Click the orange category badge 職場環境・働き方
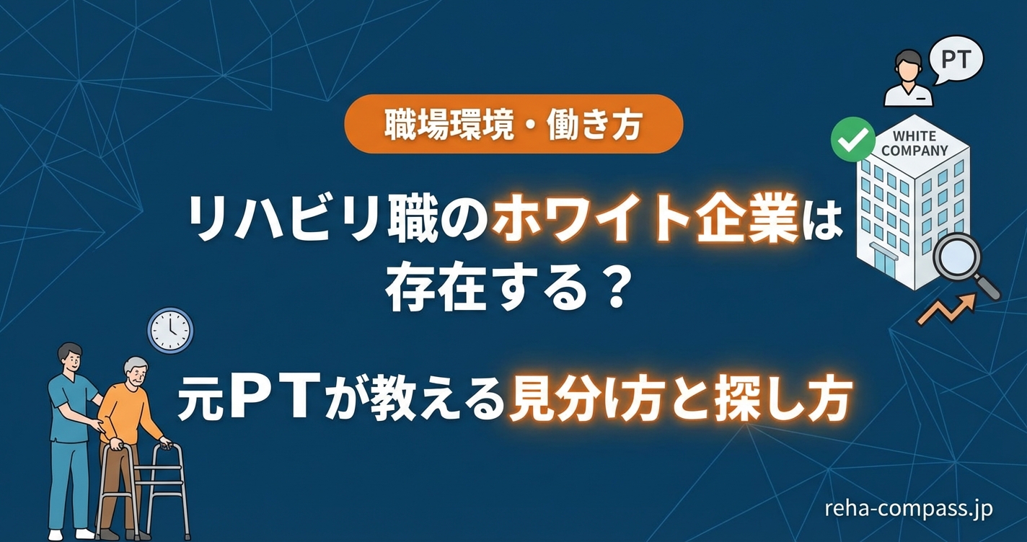click(513, 124)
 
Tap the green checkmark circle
click(852, 139)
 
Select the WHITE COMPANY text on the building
click(914, 143)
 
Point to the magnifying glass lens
click(956, 257)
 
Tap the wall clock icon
click(170, 330)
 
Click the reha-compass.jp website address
click(908, 509)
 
